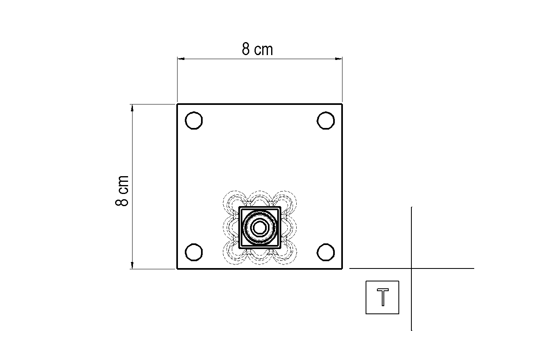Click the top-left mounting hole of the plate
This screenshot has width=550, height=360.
(x=194, y=120)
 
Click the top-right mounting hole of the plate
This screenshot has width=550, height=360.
(x=325, y=120)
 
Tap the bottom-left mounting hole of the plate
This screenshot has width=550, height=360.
(x=194, y=252)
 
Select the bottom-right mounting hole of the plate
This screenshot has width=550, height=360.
(x=325, y=252)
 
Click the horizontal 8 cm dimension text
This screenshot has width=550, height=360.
(x=257, y=49)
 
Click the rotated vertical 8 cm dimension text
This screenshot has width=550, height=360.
(x=122, y=191)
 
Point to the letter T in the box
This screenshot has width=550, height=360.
(x=383, y=297)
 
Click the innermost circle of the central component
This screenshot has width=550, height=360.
(x=259, y=228)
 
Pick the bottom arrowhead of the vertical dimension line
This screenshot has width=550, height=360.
(x=132, y=266)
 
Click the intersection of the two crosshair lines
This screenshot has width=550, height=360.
(x=412, y=268)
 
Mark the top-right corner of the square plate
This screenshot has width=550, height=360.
(x=342, y=104)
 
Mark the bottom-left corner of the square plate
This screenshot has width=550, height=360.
(x=177, y=268)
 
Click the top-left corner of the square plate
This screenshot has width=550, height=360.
(x=177, y=104)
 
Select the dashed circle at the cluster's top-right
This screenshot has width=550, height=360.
(x=285, y=202)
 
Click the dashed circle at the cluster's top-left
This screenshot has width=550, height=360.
(x=235, y=202)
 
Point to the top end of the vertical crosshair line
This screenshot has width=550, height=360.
(x=412, y=207)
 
